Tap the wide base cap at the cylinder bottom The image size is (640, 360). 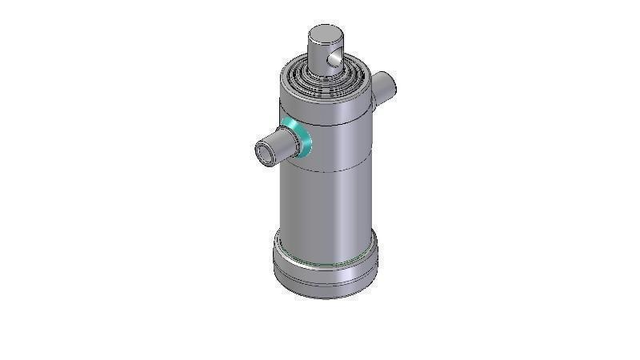[325, 272]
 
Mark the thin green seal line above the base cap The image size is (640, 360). [325, 263]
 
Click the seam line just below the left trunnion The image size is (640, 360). [328, 170]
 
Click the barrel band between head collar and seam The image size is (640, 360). [336, 148]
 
